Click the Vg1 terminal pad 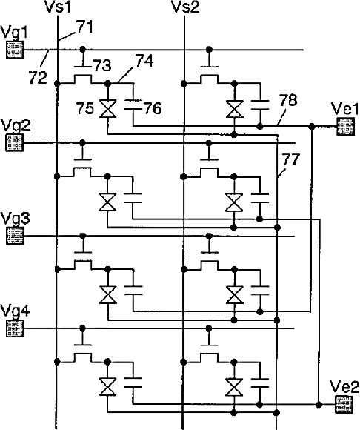[15, 50]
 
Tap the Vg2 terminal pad [15, 143]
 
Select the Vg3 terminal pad [15, 236]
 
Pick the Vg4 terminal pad [15, 328]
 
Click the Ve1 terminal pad [345, 127]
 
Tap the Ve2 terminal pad [344, 405]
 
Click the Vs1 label [58, 7]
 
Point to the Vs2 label [185, 7]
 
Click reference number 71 [84, 27]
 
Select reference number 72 [38, 77]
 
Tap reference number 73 [102, 65]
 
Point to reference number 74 [144, 60]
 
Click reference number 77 [290, 159]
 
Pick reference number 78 [288, 100]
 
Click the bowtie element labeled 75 [107, 108]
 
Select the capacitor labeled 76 [133, 105]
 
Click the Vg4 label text [15, 311]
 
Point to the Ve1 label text [345, 108]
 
